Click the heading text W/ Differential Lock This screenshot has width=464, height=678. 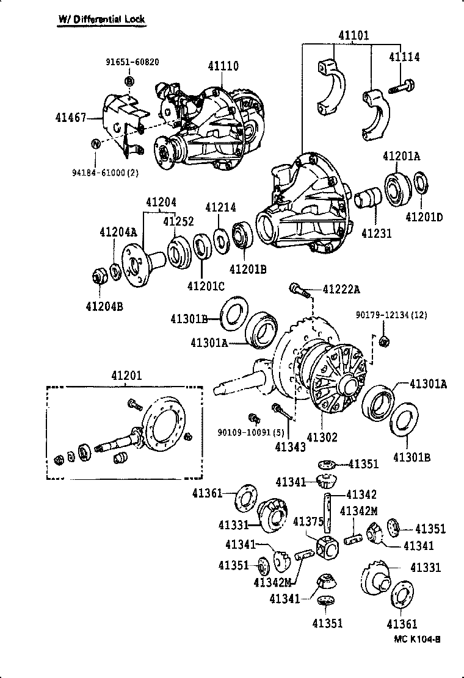point(101,19)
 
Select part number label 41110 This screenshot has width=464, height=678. point(223,66)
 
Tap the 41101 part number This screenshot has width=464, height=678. point(354,35)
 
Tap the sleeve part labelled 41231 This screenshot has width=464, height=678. point(368,201)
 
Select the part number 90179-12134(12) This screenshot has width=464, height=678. point(391,315)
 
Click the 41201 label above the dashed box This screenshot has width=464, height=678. point(126,376)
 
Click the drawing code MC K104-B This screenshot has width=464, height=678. point(417,639)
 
